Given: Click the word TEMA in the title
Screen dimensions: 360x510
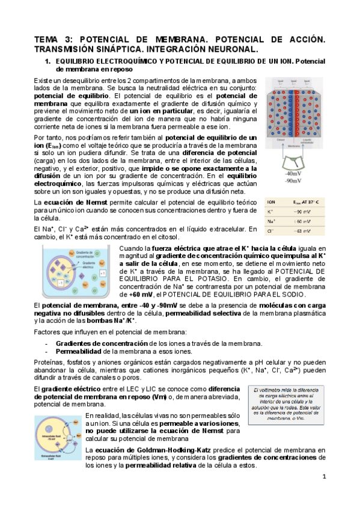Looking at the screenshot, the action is point(47,40).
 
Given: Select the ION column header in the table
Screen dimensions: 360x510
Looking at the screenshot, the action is point(271,203).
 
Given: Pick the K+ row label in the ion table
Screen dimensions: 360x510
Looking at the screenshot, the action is point(270,212).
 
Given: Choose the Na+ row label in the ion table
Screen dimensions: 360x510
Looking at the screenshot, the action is point(270,222).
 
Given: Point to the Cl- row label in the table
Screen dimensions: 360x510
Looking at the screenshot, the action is point(270,231).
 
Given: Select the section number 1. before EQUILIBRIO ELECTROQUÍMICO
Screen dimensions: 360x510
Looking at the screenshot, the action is point(49,61).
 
